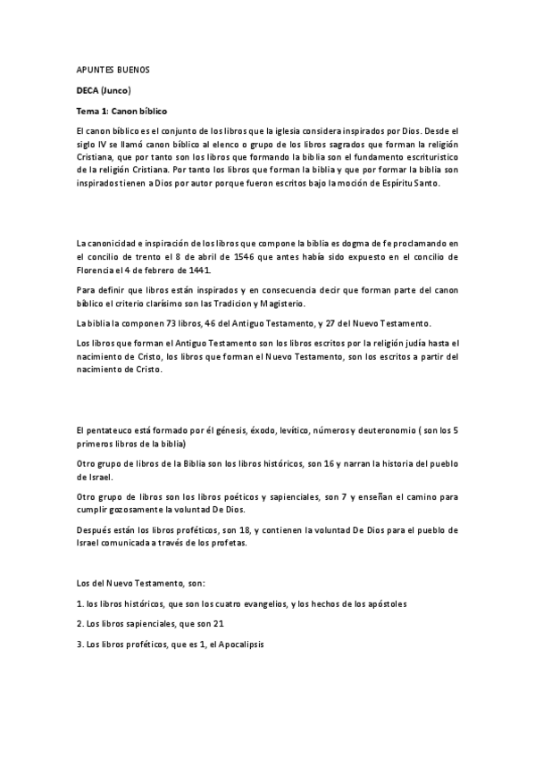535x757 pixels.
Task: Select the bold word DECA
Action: pyautogui.click(x=88, y=90)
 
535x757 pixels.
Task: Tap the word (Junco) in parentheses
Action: pyautogui.click(x=116, y=90)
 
